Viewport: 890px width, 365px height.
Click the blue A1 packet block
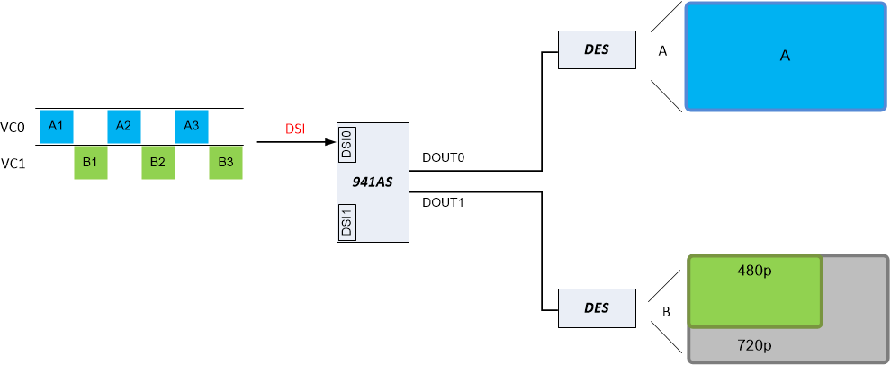tap(56, 126)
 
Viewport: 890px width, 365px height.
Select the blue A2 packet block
tap(124, 126)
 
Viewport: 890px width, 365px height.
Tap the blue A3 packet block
tap(192, 126)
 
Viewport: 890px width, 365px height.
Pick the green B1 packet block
tap(90, 163)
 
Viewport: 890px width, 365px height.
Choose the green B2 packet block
tap(157, 163)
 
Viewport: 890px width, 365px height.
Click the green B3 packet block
tap(226, 163)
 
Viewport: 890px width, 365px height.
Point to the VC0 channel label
tap(13, 128)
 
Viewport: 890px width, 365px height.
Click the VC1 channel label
tap(13, 164)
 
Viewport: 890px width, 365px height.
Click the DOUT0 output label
tap(443, 158)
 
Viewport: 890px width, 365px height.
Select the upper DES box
tap(596, 49)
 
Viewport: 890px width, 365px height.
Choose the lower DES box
tap(596, 307)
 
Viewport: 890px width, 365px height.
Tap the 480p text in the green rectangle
tap(755, 272)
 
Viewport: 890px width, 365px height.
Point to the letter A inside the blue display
tap(785, 56)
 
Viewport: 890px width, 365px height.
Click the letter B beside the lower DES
tap(666, 312)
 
